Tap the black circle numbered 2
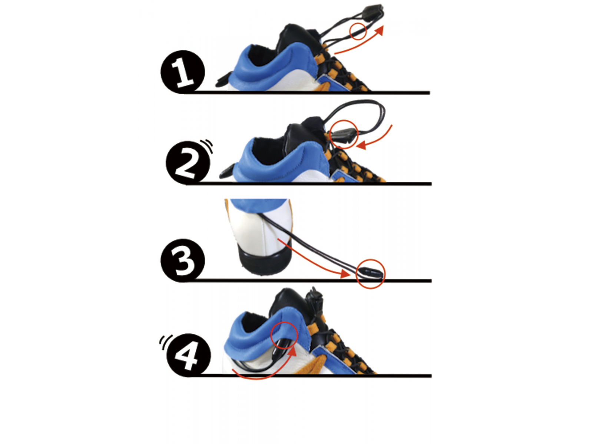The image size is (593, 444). pos(188,163)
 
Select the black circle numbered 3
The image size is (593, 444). pos(183,260)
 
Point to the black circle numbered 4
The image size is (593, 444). pos(189,355)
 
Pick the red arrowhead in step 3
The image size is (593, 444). pos(345,274)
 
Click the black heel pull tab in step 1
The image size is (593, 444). pos(224,80)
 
